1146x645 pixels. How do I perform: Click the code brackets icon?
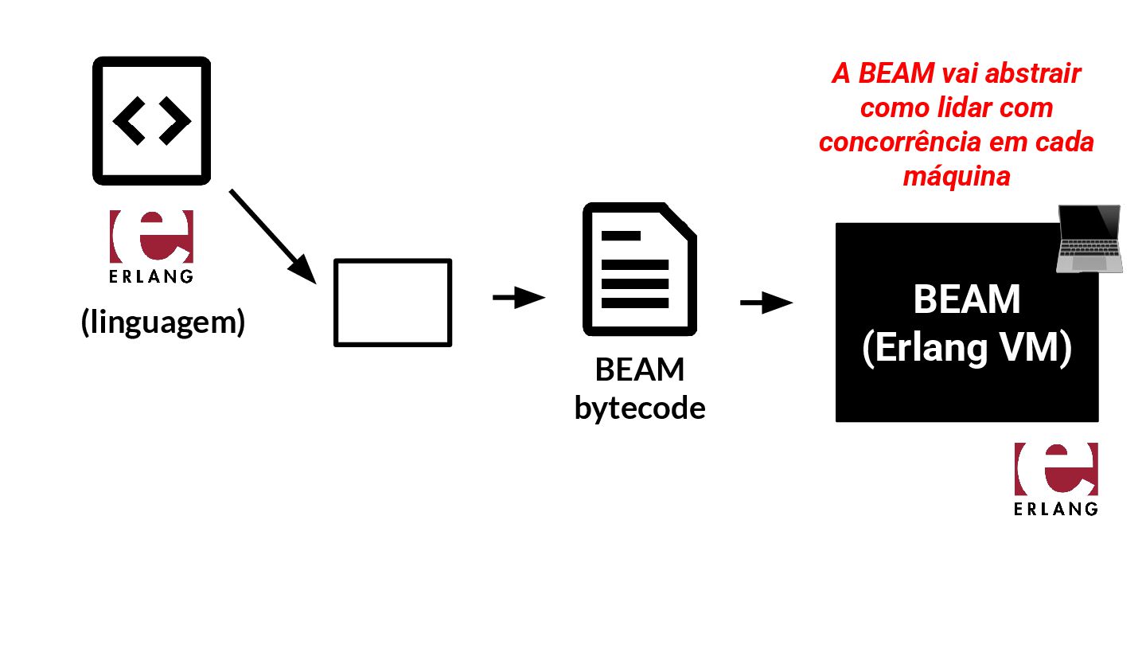[x=151, y=120]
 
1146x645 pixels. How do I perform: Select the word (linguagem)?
[x=163, y=322]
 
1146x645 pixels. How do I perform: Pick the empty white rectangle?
[x=392, y=303]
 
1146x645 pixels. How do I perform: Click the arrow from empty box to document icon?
[x=518, y=298]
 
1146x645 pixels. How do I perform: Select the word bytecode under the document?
[x=640, y=408]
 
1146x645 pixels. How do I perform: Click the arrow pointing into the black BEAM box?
[x=766, y=303]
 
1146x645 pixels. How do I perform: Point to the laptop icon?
[x=1089, y=239]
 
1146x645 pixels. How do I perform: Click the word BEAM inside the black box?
[x=967, y=301]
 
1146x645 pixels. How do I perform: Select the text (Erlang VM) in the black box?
[x=967, y=349]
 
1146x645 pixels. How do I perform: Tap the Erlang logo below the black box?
[x=1056, y=469]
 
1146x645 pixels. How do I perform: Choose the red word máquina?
[x=957, y=176]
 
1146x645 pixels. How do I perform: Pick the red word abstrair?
[x=1034, y=74]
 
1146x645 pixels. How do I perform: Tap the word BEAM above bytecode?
[x=640, y=370]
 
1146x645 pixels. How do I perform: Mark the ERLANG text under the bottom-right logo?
[x=1056, y=509]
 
